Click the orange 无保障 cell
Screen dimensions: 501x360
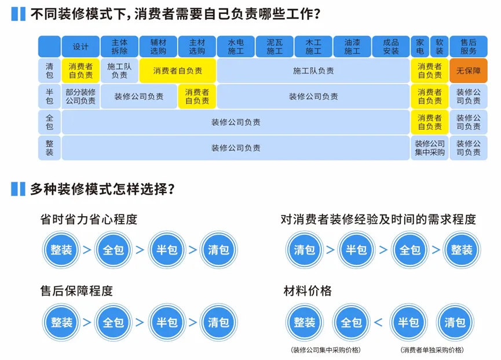[469, 71]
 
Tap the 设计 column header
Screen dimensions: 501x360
[81, 46]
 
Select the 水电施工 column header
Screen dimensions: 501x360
[235, 46]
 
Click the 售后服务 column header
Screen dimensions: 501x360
[469, 46]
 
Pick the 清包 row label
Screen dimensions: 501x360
[50, 71]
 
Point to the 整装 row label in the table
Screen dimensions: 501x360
[50, 148]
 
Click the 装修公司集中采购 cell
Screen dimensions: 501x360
[429, 148]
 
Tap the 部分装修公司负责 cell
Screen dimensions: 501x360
[81, 96]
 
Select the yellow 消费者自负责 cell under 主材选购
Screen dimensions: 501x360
[197, 96]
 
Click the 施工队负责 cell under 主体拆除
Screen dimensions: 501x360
[119, 71]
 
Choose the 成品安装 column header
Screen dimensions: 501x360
[390, 46]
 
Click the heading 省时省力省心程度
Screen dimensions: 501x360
[89, 220]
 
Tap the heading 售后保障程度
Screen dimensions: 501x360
[76, 290]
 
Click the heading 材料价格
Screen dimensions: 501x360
[308, 290]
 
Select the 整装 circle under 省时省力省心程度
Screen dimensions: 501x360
[61, 250]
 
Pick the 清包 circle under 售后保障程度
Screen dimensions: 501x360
[218, 322]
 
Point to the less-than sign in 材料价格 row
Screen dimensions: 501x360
[378, 322]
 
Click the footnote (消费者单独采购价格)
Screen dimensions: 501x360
[431, 350]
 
